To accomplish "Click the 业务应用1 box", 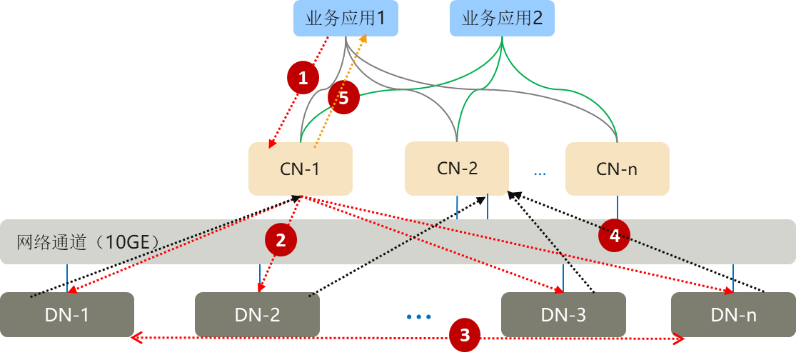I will (346, 19).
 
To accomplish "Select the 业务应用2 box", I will (503, 19).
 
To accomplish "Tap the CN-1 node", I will (300, 169).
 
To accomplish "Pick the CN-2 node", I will (457, 169).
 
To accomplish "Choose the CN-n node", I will (617, 169).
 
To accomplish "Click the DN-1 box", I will (67, 314).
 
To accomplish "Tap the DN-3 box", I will (563, 314).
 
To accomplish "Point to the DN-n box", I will (733, 314).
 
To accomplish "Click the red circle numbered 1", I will (303, 78).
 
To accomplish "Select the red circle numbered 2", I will (281, 240).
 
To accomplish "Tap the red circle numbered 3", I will (465, 334).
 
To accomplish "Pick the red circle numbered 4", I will (614, 235).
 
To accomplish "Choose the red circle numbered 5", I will (343, 98).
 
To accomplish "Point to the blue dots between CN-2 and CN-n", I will (539, 174).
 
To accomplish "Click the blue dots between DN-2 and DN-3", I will (419, 316).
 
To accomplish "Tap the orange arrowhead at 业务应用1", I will (364, 39).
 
